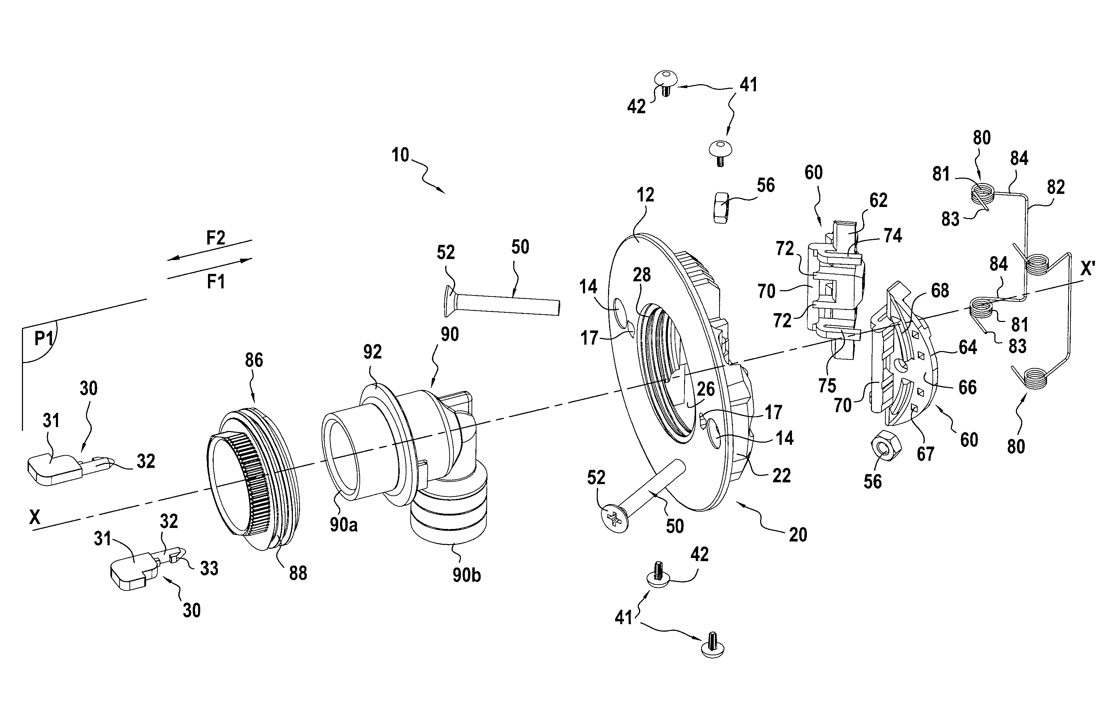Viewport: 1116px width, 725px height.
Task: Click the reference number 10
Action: [400, 155]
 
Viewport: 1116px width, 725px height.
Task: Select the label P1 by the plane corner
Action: [45, 339]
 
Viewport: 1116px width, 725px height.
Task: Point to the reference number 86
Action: [254, 360]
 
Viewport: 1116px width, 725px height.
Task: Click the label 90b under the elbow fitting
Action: [467, 575]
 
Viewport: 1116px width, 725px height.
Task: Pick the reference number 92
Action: [372, 352]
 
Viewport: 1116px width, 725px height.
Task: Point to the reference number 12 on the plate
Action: [645, 195]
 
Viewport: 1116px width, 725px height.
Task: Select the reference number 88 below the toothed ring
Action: [298, 573]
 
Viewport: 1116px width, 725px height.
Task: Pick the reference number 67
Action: [925, 454]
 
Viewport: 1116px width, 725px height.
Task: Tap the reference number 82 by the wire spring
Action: [1056, 188]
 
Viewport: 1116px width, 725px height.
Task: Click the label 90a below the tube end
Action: [343, 525]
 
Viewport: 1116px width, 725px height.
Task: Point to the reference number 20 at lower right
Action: [798, 535]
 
